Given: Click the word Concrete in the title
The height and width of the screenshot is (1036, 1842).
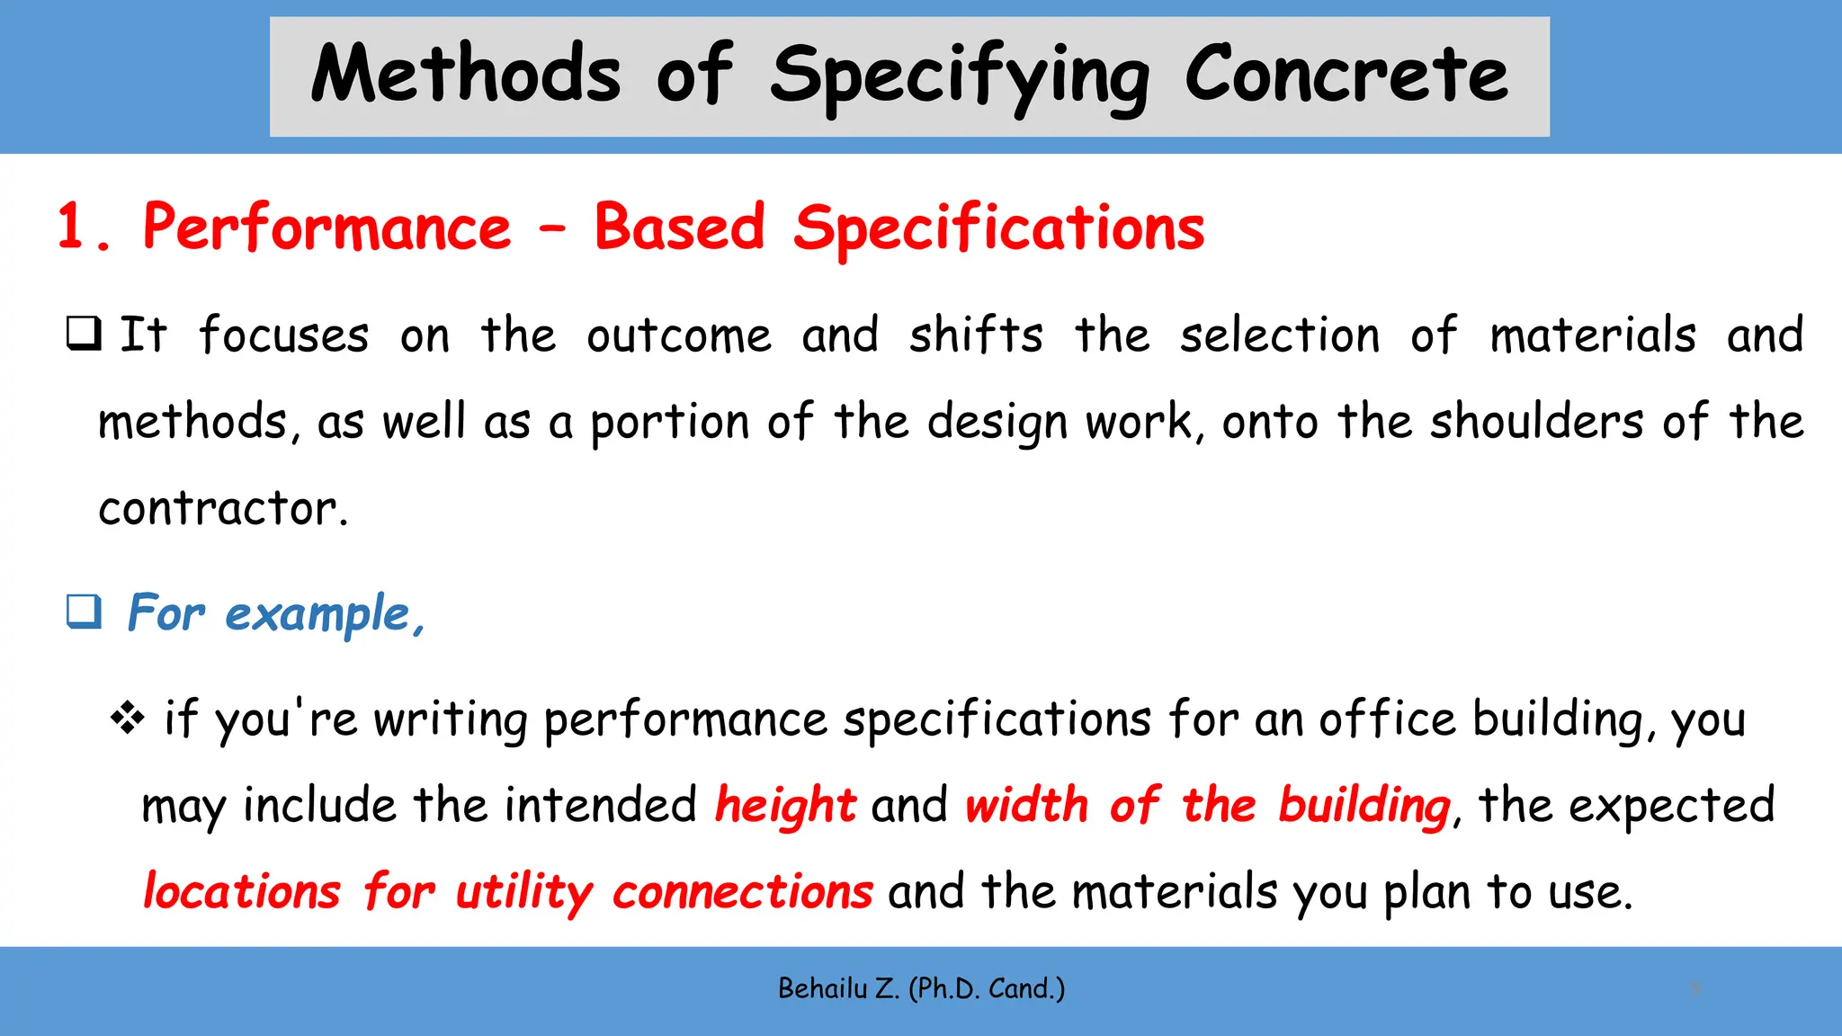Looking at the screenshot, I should click(x=1346, y=76).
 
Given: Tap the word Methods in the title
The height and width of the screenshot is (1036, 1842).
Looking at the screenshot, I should click(x=466, y=76).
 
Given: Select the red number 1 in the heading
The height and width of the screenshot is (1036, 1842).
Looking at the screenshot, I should click(x=74, y=227).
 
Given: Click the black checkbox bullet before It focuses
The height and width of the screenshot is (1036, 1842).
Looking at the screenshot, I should click(x=84, y=334).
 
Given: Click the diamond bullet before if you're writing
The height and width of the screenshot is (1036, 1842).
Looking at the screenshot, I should click(x=127, y=718).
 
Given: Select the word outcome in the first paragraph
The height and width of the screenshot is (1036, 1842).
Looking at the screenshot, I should click(x=679, y=336).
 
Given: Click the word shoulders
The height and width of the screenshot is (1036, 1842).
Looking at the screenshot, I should click(x=1537, y=422).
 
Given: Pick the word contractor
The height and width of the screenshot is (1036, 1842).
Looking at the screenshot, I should click(x=222, y=509).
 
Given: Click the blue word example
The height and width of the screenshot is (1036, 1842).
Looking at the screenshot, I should click(x=319, y=615).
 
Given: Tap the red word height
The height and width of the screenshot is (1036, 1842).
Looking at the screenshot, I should click(x=785, y=805).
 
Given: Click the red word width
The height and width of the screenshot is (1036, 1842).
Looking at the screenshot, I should click(x=1026, y=805).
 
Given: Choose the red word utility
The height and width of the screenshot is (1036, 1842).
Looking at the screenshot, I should click(x=523, y=893).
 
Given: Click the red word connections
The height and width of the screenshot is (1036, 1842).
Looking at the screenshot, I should click(x=742, y=892).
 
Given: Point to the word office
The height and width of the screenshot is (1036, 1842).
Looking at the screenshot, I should click(x=1387, y=719).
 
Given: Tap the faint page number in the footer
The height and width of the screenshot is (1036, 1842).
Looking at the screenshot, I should click(x=1695, y=988).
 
